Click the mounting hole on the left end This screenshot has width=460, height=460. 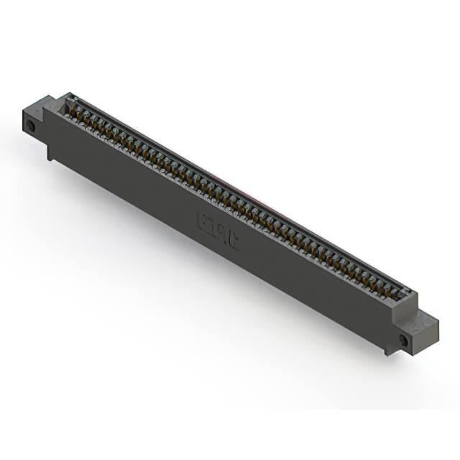pos(31,126)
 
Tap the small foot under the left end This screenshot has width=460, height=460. pos(50,152)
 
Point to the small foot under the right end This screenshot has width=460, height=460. pos(389,348)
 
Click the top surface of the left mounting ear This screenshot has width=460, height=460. pos(37,105)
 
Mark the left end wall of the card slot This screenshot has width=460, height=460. pos(68,101)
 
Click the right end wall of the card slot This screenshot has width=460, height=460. pos(408,293)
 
